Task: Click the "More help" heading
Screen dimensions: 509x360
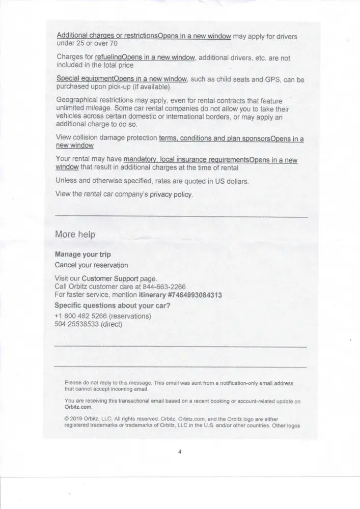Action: point(75,235)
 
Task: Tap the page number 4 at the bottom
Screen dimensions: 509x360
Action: point(180,451)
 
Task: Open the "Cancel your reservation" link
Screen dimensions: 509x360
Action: point(91,265)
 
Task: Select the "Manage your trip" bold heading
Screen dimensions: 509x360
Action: point(82,254)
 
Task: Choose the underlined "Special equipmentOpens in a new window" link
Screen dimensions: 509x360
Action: point(121,79)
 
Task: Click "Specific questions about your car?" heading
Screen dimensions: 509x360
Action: point(112,305)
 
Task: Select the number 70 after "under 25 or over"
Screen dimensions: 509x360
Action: point(114,44)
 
